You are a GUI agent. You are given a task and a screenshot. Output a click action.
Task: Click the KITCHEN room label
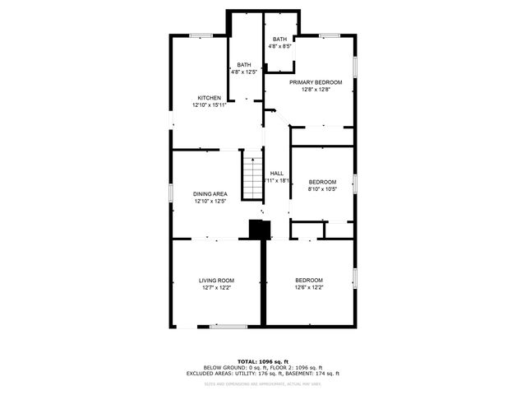point(209,98)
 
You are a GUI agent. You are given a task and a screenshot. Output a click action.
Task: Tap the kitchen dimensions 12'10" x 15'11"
point(209,105)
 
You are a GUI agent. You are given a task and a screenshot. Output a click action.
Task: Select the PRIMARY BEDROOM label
point(315,82)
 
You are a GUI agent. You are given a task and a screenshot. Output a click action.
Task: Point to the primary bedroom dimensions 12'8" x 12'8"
point(315,89)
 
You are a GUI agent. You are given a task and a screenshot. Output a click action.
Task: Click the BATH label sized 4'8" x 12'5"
point(244,65)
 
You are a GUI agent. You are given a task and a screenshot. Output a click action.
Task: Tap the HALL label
point(277,173)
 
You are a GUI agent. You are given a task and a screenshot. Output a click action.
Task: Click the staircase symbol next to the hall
point(251,175)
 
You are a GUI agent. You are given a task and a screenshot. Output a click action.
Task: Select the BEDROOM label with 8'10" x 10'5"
point(322,182)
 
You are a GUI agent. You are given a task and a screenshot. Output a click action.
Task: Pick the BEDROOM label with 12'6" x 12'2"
point(309,281)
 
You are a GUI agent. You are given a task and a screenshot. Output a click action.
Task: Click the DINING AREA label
point(210,194)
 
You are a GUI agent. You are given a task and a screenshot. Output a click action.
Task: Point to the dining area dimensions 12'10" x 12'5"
point(210,201)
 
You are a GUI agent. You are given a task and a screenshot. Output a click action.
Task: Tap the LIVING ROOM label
point(215,281)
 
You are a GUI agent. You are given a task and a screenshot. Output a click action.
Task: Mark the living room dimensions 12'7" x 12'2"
point(215,287)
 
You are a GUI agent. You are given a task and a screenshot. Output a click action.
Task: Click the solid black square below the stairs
point(258,230)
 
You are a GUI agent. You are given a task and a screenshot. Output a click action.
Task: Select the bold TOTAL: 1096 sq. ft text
point(262,361)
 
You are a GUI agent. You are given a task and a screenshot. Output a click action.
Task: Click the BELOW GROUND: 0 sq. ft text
point(231,367)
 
